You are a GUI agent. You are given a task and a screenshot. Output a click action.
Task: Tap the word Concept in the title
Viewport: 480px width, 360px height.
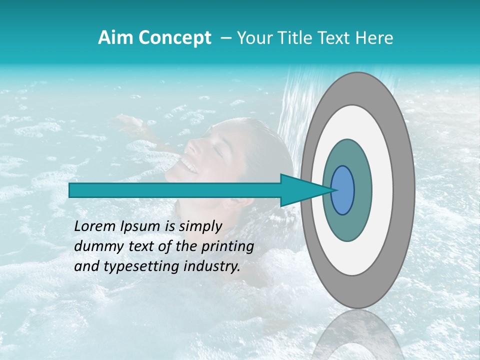click(x=174, y=38)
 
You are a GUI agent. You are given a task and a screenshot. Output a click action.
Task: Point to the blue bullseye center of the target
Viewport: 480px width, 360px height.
click(x=342, y=190)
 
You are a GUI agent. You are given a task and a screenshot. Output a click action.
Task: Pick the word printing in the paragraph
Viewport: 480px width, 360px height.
click(x=227, y=247)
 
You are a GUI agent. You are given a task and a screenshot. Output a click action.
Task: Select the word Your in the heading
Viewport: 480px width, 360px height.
click(x=255, y=38)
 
